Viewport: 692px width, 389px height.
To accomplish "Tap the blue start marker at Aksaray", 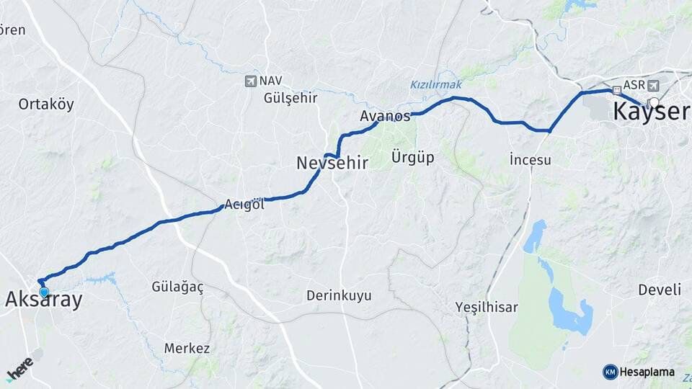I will pos(44,292).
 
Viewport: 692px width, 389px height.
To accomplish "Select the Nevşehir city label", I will pos(332,164).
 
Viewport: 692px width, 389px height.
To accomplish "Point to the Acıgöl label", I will pos(244,205).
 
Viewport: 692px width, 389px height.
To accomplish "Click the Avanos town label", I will pos(385,116).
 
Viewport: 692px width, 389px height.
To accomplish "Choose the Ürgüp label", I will pos(412,157).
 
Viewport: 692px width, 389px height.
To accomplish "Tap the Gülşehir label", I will pos(290,98).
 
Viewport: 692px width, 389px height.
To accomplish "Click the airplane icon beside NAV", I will pos(250,81).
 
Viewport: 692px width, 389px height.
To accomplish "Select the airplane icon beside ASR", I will pos(654,85).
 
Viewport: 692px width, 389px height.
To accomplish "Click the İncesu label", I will pos(530,160).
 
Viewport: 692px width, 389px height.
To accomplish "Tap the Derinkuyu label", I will pos(339,295).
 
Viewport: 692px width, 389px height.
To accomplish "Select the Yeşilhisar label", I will pos(487,308).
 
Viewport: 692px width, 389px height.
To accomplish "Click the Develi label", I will pos(659,290).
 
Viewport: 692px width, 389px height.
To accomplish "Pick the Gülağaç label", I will pos(177,287).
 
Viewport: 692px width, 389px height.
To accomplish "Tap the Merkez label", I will pos(187,349).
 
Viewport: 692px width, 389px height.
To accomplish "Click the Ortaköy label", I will pos(46,104).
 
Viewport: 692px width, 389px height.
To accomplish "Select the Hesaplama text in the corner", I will pos(648,372).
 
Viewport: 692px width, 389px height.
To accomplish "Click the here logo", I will pos(19,368).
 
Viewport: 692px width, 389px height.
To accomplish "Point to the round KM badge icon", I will pos(610,372).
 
